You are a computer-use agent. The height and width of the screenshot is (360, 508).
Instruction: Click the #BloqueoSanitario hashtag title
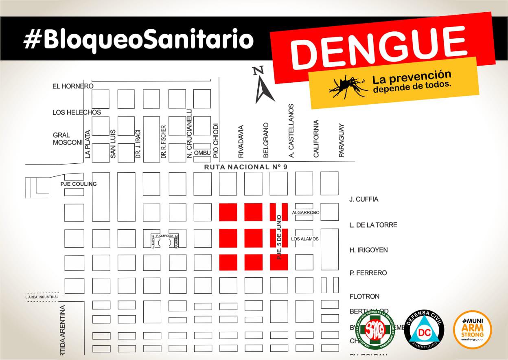coord(138,40)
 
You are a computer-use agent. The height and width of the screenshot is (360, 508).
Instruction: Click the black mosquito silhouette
coord(348,86)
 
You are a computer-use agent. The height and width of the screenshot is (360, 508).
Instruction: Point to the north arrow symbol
coord(263,86)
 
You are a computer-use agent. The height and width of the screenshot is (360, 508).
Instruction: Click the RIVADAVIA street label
coord(241,141)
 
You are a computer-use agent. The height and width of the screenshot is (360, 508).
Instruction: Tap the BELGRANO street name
coord(266,140)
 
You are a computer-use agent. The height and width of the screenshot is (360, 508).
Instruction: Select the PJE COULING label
coord(79,184)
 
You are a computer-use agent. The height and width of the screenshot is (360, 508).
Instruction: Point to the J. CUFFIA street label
coord(364,199)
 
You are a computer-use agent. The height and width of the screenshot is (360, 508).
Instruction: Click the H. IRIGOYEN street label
coord(368,250)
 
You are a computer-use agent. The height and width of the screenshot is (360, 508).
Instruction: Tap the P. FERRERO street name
coord(368,273)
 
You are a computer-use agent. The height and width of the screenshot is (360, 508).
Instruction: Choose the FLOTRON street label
coord(364,296)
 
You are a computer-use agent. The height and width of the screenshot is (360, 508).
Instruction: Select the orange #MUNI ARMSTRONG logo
coord(472,329)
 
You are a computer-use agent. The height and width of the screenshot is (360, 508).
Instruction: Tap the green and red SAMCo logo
coord(375,329)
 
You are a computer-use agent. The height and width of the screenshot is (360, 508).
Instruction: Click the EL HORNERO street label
coord(73,86)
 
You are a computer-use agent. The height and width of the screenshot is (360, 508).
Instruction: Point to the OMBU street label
coord(202,153)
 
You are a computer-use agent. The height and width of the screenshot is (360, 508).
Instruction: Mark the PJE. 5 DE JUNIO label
coord(279,237)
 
